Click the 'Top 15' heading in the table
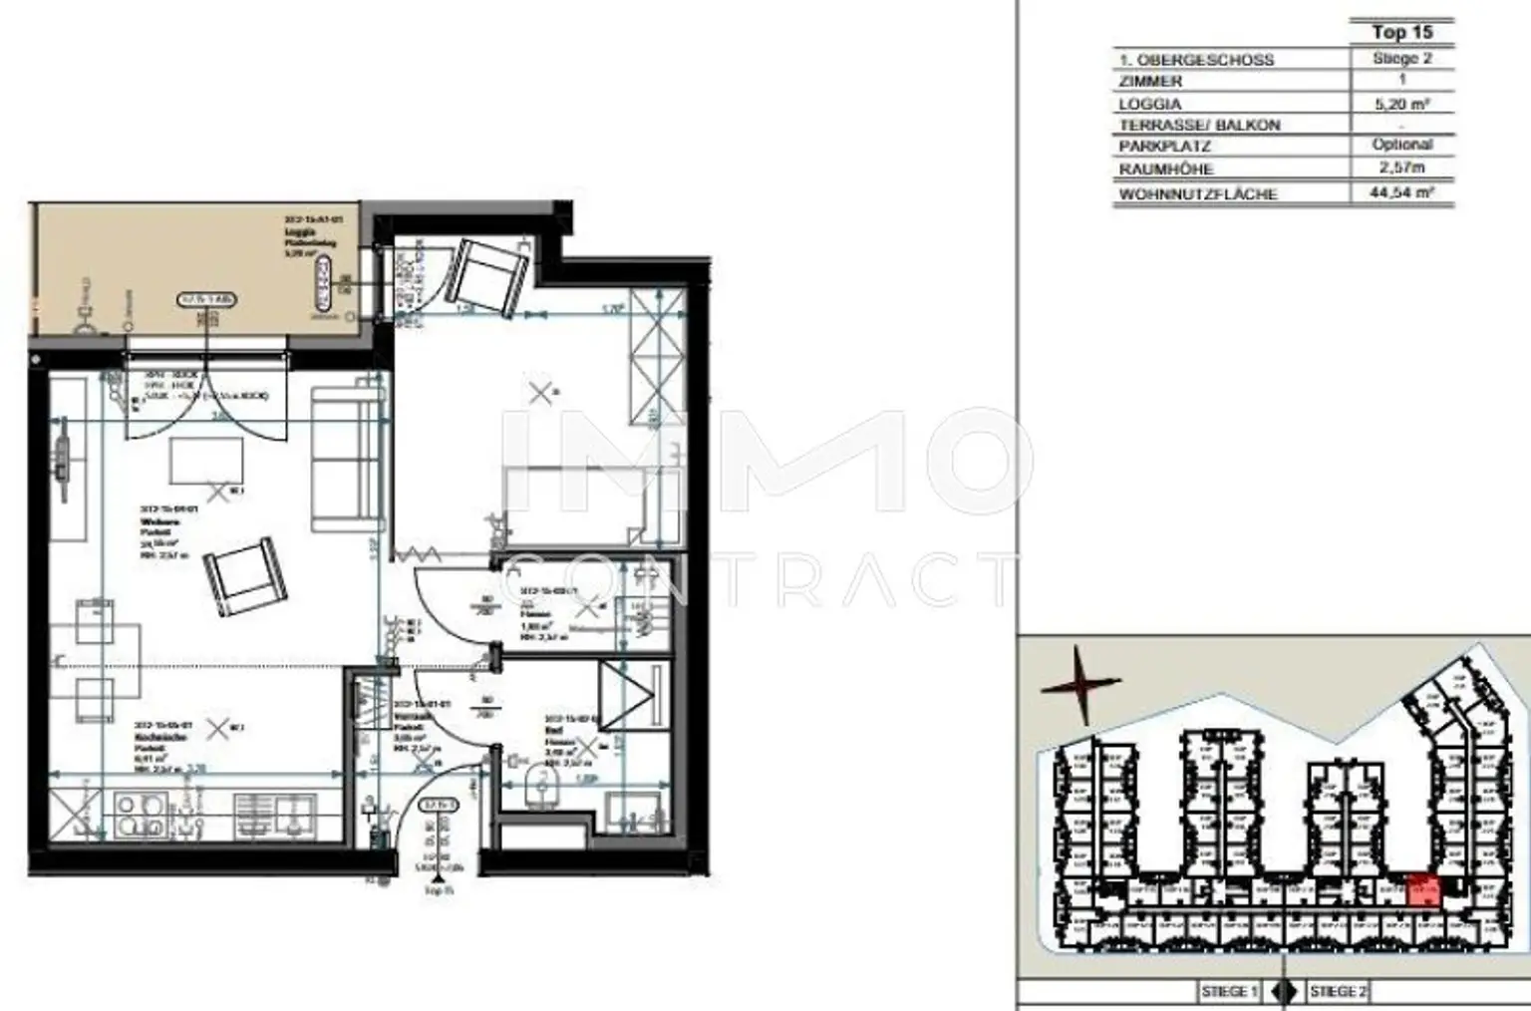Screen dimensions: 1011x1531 [x=1401, y=33]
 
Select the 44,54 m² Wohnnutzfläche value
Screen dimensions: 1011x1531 [x=1401, y=191]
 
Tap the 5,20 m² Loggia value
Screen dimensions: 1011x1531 [x=1401, y=103]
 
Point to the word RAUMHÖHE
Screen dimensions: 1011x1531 [x=1165, y=169]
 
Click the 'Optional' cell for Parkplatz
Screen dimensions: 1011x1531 [x=1401, y=146]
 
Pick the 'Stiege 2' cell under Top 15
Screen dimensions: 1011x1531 [x=1401, y=59]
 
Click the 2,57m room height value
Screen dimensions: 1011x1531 [x=1401, y=168]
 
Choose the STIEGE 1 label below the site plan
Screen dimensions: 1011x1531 [x=1229, y=991]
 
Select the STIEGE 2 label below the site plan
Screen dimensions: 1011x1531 [x=1338, y=991]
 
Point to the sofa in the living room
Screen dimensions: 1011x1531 [x=345, y=460]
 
